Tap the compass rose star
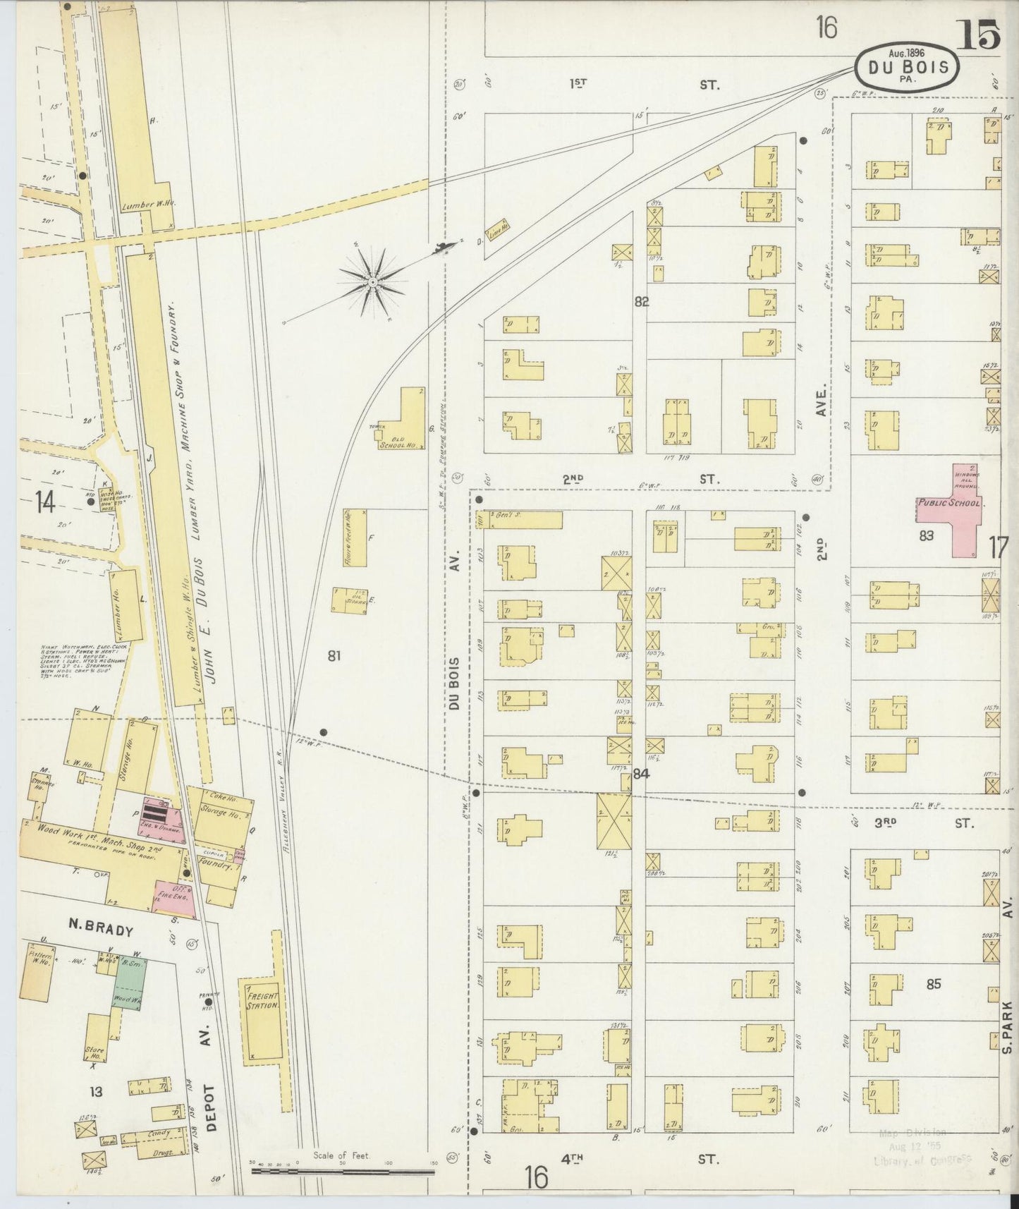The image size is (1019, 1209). click(x=372, y=282)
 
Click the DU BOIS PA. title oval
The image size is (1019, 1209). click(x=907, y=67)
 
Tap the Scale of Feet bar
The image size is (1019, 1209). click(x=343, y=1170)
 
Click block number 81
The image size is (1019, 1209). click(x=334, y=656)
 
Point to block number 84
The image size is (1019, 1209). click(x=640, y=774)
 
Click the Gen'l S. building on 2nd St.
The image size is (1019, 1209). click(x=525, y=519)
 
